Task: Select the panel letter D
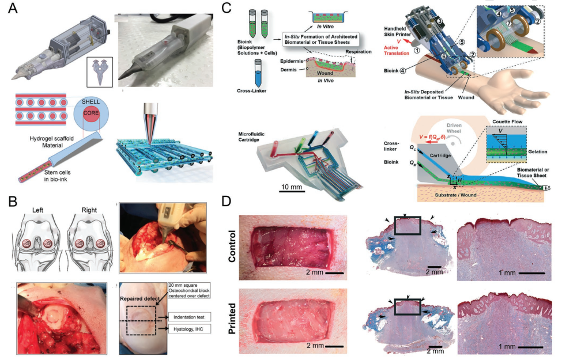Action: point(228,202)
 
